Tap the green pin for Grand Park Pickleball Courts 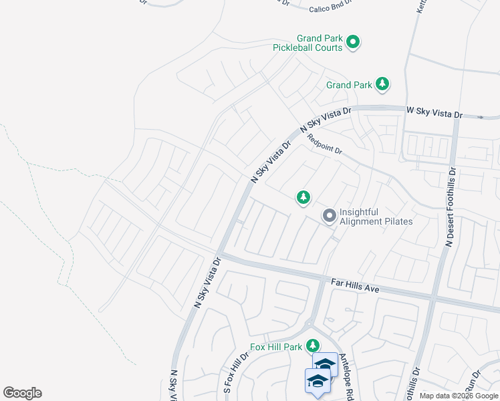(x=354, y=43)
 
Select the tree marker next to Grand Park (x=382, y=84)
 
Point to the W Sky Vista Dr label (x=434, y=114)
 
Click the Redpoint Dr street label (x=325, y=145)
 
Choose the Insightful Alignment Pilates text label (x=376, y=217)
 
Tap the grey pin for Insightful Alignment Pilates (x=329, y=216)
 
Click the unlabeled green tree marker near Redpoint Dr (x=303, y=197)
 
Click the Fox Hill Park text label (x=277, y=347)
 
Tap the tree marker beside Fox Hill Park (x=312, y=346)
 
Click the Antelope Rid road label (x=346, y=378)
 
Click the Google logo (x=22, y=393)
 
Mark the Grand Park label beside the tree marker (x=349, y=85)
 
